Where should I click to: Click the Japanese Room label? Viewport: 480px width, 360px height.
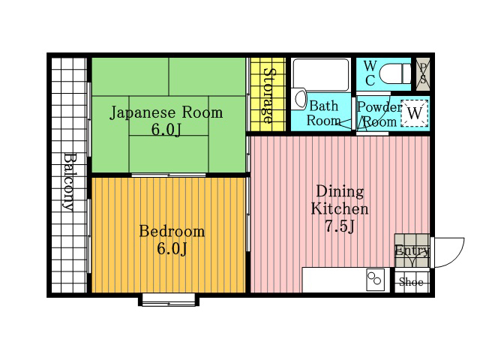166,112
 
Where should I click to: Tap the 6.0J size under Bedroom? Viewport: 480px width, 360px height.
172,248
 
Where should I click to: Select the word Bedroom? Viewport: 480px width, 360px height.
172,231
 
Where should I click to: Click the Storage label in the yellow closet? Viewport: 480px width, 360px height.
268,96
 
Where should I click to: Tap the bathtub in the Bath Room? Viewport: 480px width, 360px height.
321,74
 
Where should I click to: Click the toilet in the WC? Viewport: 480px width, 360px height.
394,73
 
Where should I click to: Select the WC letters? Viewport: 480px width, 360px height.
370,73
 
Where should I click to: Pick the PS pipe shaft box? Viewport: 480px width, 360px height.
423,73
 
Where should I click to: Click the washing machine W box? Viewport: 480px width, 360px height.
415,113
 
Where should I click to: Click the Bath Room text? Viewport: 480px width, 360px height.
323,113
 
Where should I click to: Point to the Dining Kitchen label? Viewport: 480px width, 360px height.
340,200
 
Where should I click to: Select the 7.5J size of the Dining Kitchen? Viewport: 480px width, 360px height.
340,226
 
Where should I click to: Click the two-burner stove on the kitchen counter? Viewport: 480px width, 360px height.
375,280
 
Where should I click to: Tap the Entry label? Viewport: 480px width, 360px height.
412,250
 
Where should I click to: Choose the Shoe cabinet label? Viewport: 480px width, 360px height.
411,282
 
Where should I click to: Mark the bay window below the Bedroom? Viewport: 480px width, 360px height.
169,300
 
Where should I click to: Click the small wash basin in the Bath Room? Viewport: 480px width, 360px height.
301,98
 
